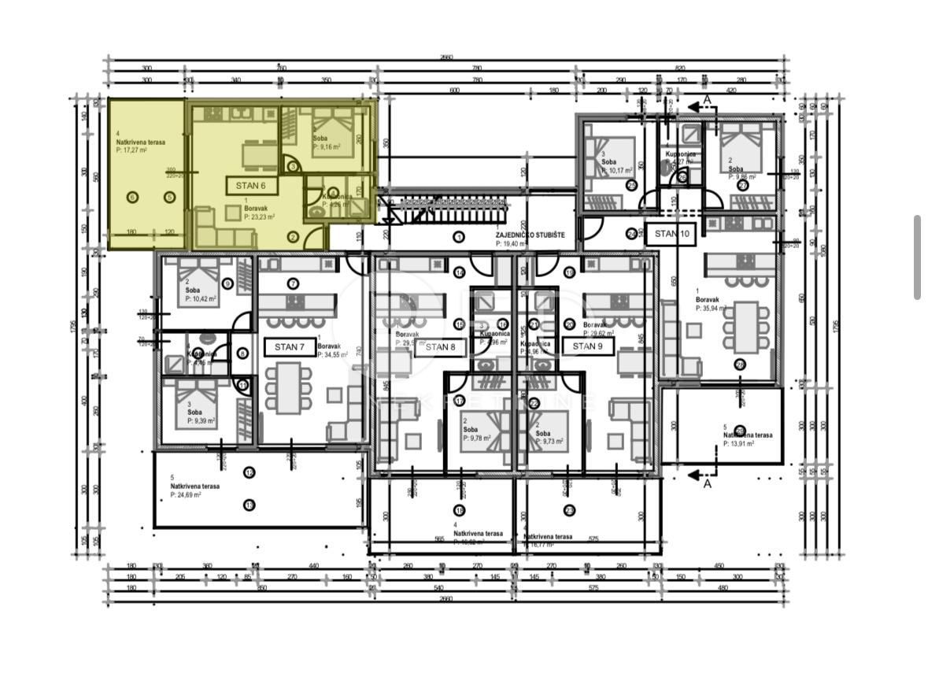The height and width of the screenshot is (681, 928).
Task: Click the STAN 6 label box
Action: pos(251,186)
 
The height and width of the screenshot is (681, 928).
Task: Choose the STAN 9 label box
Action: pos(587,346)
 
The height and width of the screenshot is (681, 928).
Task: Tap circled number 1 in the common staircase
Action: pos(459,236)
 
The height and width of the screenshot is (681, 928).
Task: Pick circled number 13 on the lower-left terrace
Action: pos(250,505)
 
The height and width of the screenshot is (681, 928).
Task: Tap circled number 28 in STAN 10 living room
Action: pos(739,364)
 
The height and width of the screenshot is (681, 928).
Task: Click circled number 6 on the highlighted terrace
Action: pos(132,197)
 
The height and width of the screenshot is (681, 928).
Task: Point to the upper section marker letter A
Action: pos(707,98)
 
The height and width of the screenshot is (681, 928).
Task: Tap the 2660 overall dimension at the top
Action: pos(446,57)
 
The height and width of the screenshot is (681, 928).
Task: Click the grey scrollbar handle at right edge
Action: pos(917,257)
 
